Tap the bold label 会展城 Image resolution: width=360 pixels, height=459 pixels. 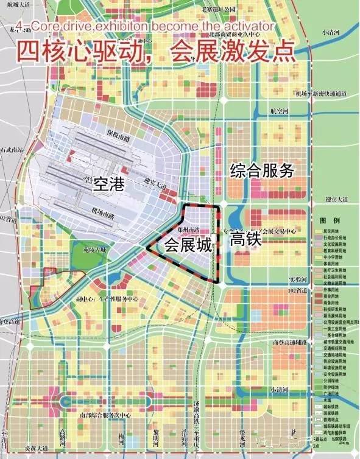pos(188,245)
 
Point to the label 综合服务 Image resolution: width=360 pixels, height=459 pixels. pos(262,170)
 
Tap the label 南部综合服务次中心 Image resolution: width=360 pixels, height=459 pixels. pos(105,415)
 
